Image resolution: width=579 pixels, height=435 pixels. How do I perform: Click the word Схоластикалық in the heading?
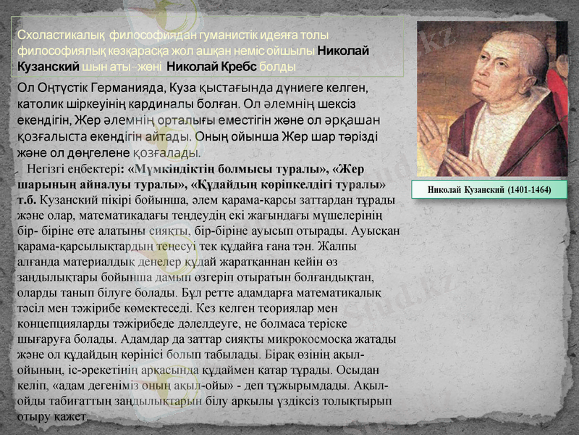pos(53,35)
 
